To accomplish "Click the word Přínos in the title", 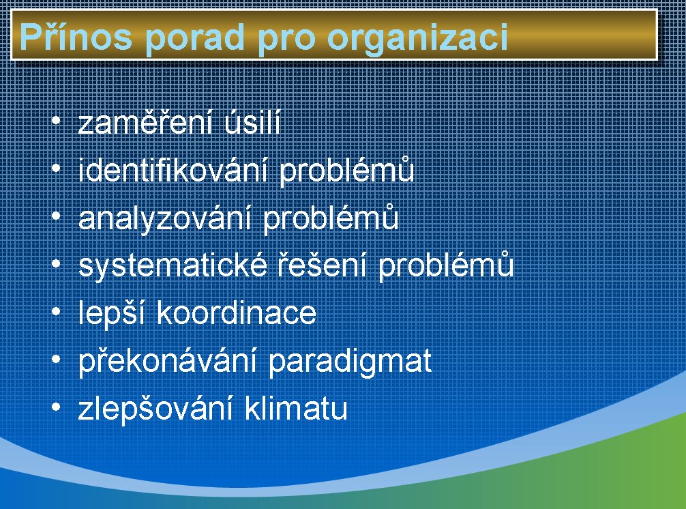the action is point(76,36).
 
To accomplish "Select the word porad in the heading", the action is point(195,38).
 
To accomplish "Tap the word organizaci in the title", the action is point(418,38).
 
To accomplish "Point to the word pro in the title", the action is point(286,41).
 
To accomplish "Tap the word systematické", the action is point(173,265).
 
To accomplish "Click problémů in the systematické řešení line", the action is point(446,265).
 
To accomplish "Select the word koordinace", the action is point(236,312).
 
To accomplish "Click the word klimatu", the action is point(296,408).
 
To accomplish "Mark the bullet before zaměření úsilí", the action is point(56,120).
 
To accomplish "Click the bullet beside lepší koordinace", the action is point(56,312).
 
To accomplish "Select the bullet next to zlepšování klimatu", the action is point(56,407).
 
